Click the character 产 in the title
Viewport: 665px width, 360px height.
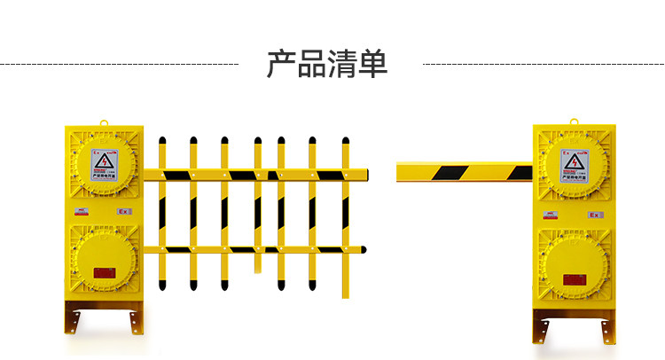282,64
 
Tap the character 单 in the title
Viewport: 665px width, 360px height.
372,64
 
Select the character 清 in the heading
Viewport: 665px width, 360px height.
342,64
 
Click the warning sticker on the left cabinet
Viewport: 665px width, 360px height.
105,163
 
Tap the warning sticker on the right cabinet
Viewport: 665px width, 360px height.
574,163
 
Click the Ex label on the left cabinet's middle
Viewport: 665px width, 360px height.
124,212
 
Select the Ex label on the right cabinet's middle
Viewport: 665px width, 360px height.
595,214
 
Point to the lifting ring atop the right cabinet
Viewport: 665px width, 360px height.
573,121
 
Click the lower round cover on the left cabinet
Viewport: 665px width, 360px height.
104,263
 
